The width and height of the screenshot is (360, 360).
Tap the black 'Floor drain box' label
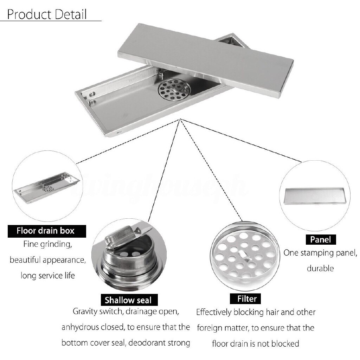46,231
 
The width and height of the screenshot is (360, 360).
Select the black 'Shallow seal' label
128,300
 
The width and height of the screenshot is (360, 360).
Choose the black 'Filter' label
247,299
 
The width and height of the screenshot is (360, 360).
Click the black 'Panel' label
320,240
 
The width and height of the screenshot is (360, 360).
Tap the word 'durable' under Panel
320,269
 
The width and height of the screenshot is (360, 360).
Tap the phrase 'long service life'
47,275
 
